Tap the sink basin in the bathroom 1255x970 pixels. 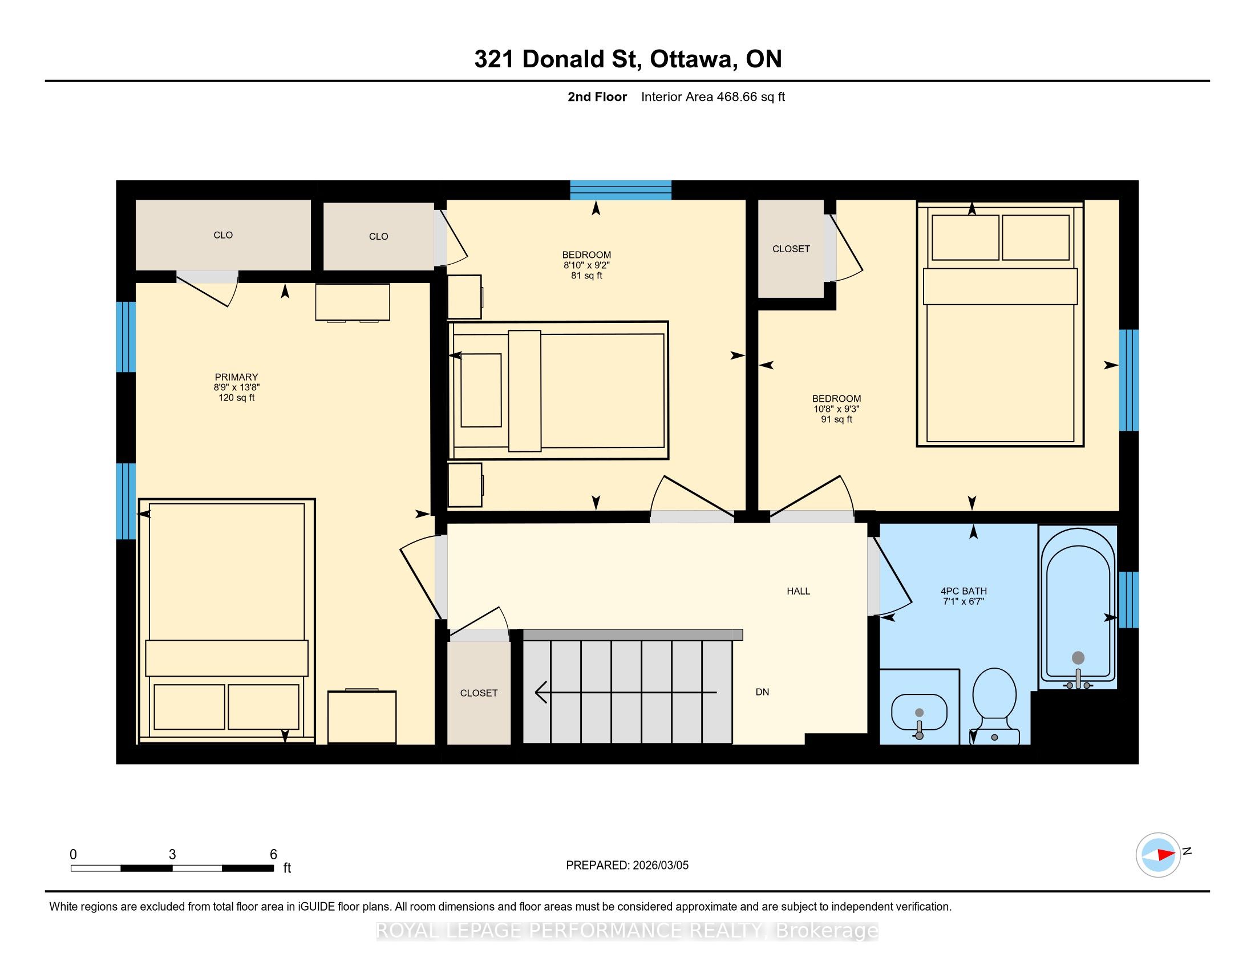click(919, 713)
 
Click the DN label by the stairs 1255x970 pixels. click(762, 692)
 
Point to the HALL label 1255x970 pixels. click(798, 591)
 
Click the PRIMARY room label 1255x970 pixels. click(236, 377)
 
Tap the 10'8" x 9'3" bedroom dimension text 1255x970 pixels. click(836, 409)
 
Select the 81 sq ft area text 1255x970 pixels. click(586, 275)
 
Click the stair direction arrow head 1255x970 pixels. click(540, 692)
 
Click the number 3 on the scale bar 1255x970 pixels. click(172, 855)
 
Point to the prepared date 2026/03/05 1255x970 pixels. click(659, 865)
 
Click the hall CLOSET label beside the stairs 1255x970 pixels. click(479, 693)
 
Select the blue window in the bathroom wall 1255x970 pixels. click(1128, 599)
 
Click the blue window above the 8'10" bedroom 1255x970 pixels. click(621, 190)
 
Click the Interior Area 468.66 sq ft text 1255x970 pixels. click(713, 96)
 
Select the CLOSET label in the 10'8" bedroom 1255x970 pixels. click(791, 249)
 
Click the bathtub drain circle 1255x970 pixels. click(1078, 658)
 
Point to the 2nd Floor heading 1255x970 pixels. click(597, 96)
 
